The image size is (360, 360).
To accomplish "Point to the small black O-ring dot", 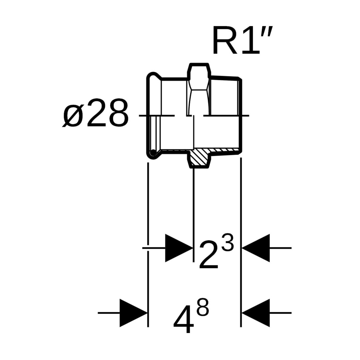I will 153,153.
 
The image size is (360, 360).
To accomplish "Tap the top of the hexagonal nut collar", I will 199,64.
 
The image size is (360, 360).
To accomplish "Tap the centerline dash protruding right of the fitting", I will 245,116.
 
